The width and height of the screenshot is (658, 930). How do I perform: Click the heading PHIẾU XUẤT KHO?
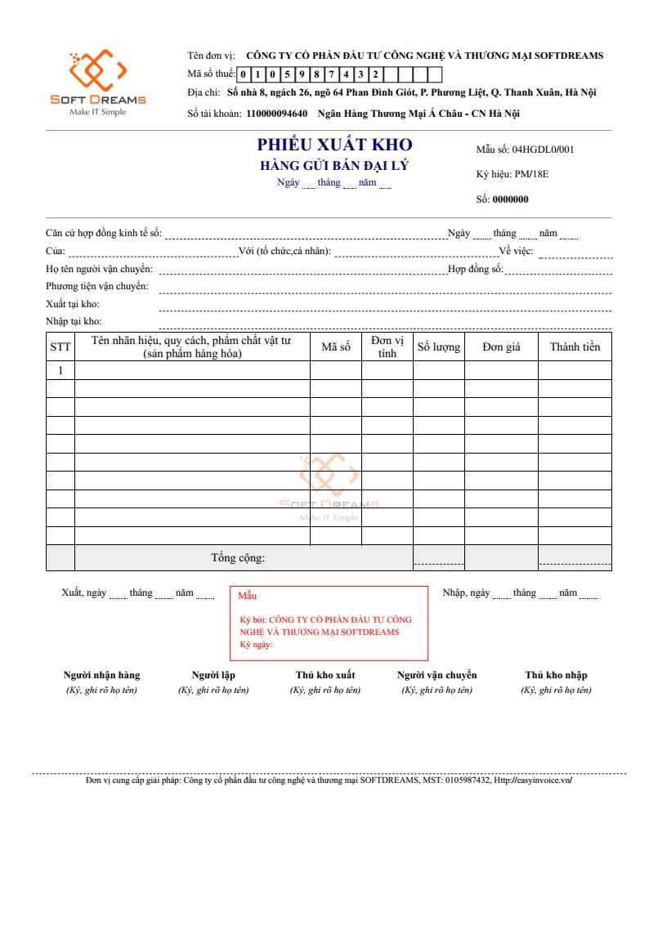click(334, 145)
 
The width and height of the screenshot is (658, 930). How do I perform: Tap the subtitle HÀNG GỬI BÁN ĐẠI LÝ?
click(334, 166)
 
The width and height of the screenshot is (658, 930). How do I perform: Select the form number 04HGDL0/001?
click(543, 150)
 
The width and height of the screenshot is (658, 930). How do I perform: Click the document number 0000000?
click(510, 199)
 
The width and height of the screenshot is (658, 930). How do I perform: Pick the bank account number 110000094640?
click(276, 114)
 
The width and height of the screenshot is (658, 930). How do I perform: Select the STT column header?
click(60, 347)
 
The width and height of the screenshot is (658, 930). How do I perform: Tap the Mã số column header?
click(335, 347)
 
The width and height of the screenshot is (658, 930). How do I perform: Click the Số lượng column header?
click(439, 347)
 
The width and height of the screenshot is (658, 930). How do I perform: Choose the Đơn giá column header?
click(501, 347)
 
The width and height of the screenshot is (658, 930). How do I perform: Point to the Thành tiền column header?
click(575, 347)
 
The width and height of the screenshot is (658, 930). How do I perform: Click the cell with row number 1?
click(60, 370)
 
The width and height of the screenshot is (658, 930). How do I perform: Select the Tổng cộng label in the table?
click(238, 558)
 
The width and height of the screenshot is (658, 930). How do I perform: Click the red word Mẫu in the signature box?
click(247, 596)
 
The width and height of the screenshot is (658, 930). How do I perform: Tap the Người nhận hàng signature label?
click(102, 675)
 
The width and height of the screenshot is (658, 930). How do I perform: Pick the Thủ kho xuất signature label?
click(325, 675)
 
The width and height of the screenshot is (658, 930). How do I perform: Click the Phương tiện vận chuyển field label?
click(97, 286)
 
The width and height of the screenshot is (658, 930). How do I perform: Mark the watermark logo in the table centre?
click(329, 482)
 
